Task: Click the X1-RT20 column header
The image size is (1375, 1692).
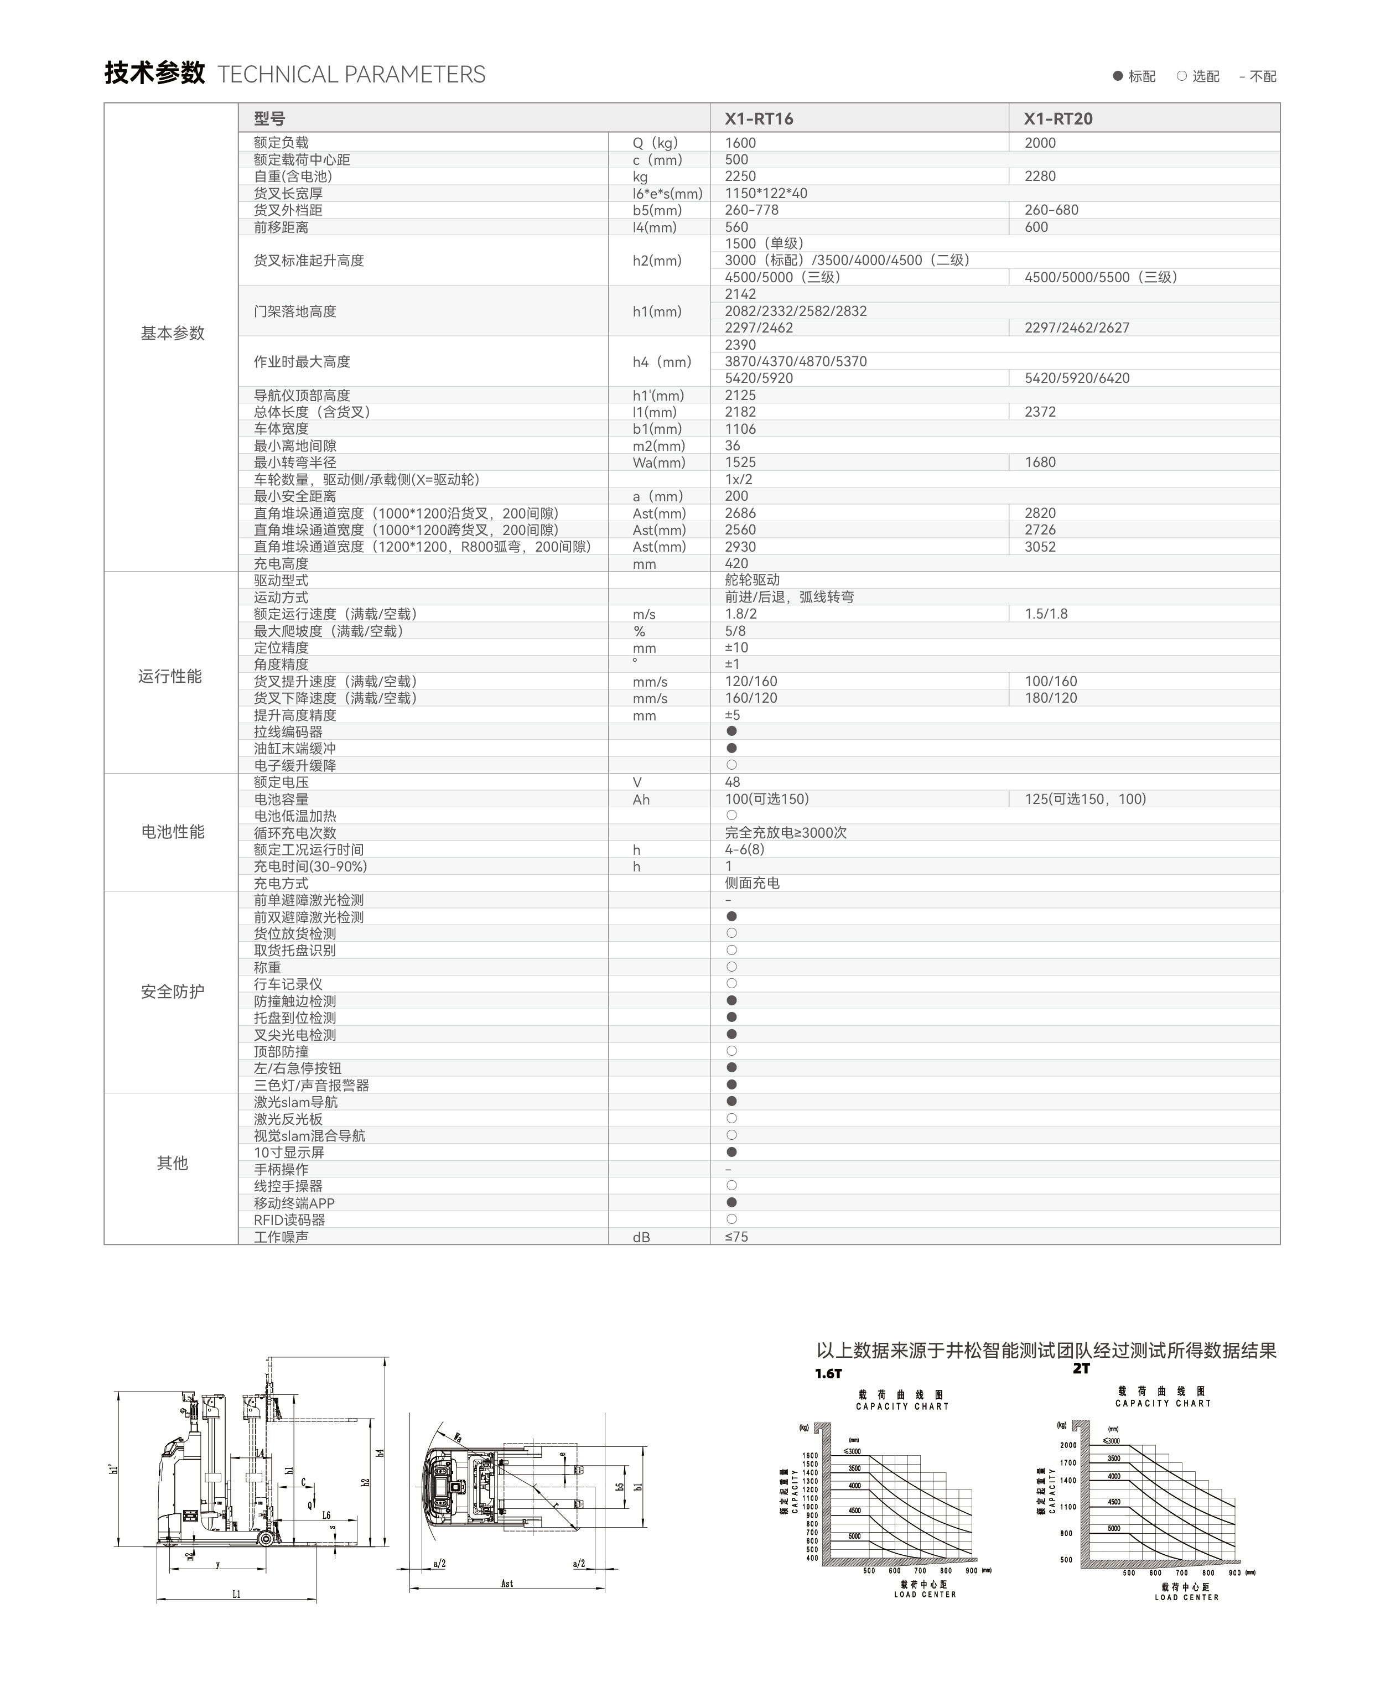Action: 1057,119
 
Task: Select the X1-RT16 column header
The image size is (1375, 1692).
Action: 758,119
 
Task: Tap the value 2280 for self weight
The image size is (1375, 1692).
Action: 1039,177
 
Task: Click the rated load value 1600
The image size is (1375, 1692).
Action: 740,143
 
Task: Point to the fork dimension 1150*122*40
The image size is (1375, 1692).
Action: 765,193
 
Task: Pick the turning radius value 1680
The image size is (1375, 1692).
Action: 1039,463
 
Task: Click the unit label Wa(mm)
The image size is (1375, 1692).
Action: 658,463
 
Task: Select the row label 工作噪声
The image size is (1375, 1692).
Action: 281,1237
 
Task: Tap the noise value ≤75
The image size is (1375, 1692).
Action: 736,1237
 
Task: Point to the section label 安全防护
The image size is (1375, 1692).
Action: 172,992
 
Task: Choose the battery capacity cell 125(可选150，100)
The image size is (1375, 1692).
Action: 1085,800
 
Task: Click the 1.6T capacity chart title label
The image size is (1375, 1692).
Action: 828,1373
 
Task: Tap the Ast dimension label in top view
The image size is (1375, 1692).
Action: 507,1584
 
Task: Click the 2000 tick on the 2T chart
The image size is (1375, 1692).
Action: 1068,1445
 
